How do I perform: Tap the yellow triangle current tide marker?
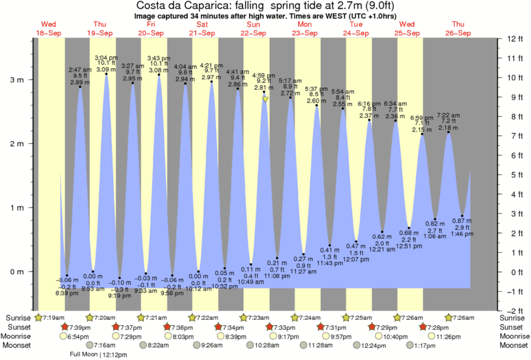click(266, 99)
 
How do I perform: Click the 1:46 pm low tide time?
click(462, 236)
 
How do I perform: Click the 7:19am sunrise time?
click(53, 317)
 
